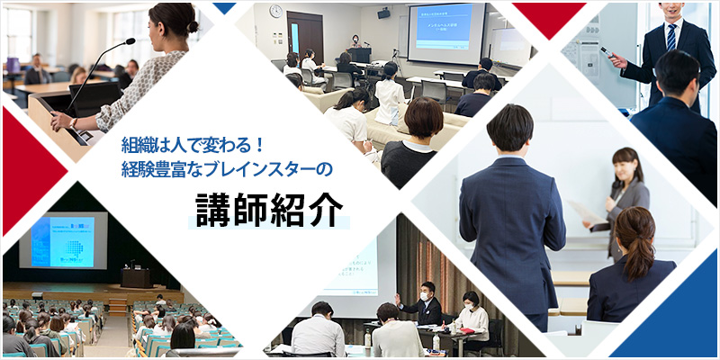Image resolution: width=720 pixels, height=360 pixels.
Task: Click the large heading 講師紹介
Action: (269, 209)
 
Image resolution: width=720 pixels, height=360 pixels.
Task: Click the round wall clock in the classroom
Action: (274, 12)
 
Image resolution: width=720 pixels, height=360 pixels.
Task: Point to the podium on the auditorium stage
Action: (136, 277)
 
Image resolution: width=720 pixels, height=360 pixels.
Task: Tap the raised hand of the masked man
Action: (396, 299)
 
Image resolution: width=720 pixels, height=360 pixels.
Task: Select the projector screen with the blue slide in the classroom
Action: (445, 32)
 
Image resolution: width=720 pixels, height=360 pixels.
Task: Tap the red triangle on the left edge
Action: (16, 162)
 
